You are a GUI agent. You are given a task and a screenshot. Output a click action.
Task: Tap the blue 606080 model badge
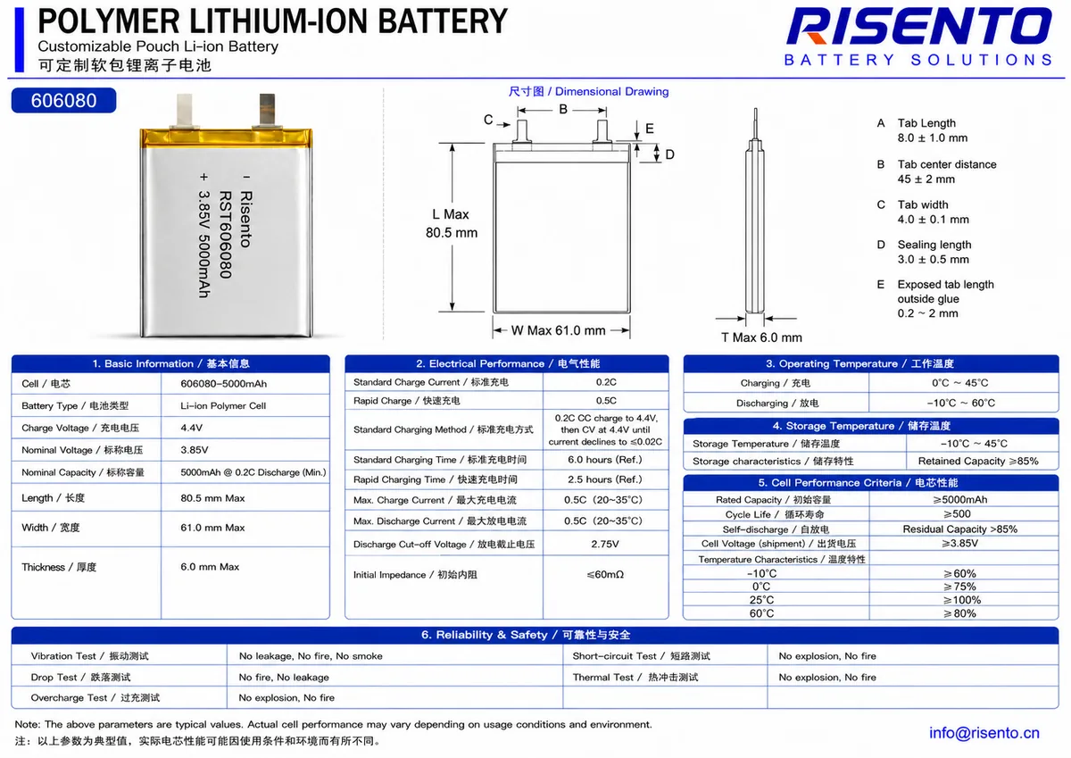(63, 100)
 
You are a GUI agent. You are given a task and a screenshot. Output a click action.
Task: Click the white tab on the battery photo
(185, 111)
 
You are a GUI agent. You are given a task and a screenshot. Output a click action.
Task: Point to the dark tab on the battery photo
(267, 110)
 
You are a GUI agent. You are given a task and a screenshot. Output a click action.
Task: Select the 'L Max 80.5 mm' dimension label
(452, 223)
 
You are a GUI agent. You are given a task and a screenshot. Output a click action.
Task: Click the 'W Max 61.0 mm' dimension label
(558, 330)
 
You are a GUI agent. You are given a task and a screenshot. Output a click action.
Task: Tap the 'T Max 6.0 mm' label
(761, 337)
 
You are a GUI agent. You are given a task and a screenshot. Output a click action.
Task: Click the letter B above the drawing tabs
(563, 110)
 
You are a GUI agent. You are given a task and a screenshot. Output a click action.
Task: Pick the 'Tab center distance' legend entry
(947, 164)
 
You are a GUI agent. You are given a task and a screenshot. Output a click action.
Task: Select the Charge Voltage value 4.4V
(191, 428)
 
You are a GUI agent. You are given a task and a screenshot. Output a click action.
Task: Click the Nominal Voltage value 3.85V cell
(195, 450)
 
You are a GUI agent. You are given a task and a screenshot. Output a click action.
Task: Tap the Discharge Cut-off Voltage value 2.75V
(605, 545)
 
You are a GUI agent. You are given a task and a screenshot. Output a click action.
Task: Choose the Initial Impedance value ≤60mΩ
(605, 574)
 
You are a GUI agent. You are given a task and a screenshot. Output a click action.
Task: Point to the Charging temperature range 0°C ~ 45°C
(959, 383)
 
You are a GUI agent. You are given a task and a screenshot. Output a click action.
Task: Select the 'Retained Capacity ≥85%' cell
(978, 461)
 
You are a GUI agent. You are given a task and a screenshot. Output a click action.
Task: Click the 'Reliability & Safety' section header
(526, 635)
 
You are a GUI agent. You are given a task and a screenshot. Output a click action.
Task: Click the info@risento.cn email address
(984, 733)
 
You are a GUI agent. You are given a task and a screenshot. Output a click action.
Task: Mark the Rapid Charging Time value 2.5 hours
(605, 479)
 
